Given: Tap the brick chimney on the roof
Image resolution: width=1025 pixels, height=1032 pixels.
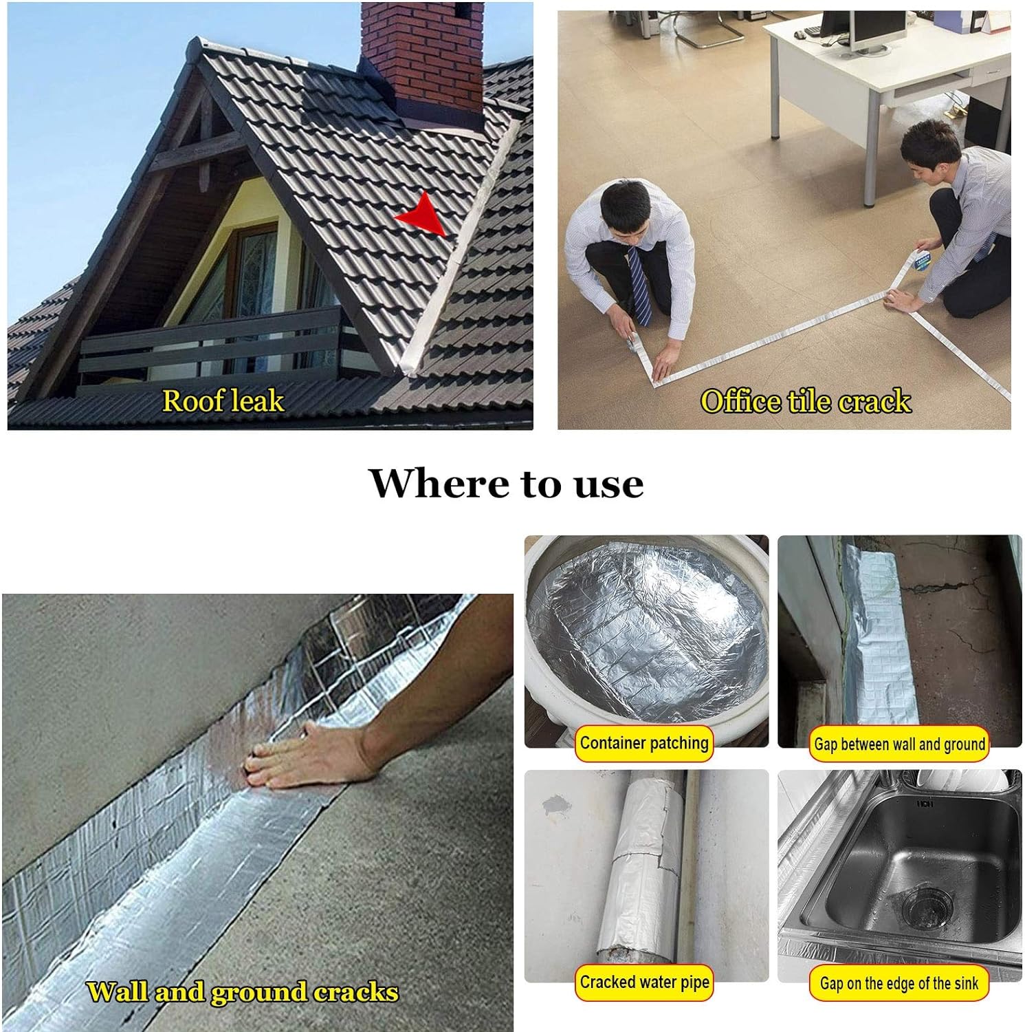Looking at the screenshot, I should pyautogui.click(x=421, y=55).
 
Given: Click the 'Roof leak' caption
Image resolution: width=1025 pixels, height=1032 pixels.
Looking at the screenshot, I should pyautogui.click(x=223, y=400).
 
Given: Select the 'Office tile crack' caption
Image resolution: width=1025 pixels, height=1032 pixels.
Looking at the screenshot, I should pyautogui.click(x=805, y=401).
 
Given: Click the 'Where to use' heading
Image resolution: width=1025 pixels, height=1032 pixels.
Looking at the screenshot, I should pyautogui.click(x=506, y=483).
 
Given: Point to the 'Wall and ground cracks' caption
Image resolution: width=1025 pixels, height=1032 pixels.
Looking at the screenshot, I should pyautogui.click(x=242, y=992).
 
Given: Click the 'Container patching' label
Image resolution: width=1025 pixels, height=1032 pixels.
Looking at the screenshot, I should pyautogui.click(x=643, y=744).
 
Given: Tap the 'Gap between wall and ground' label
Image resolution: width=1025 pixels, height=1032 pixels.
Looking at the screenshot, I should pyautogui.click(x=899, y=744).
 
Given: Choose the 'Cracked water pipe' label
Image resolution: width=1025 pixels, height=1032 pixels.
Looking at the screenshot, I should pyautogui.click(x=644, y=982).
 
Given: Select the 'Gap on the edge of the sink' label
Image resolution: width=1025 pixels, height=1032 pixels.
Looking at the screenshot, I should pyautogui.click(x=899, y=984).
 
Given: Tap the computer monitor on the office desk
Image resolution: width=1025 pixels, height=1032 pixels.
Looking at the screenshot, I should pyautogui.click(x=873, y=28).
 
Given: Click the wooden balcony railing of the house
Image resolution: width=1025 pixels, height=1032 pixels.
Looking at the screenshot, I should pyautogui.click(x=213, y=344).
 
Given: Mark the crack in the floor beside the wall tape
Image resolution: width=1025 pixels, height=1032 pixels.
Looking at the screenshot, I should pyautogui.click(x=942, y=592).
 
